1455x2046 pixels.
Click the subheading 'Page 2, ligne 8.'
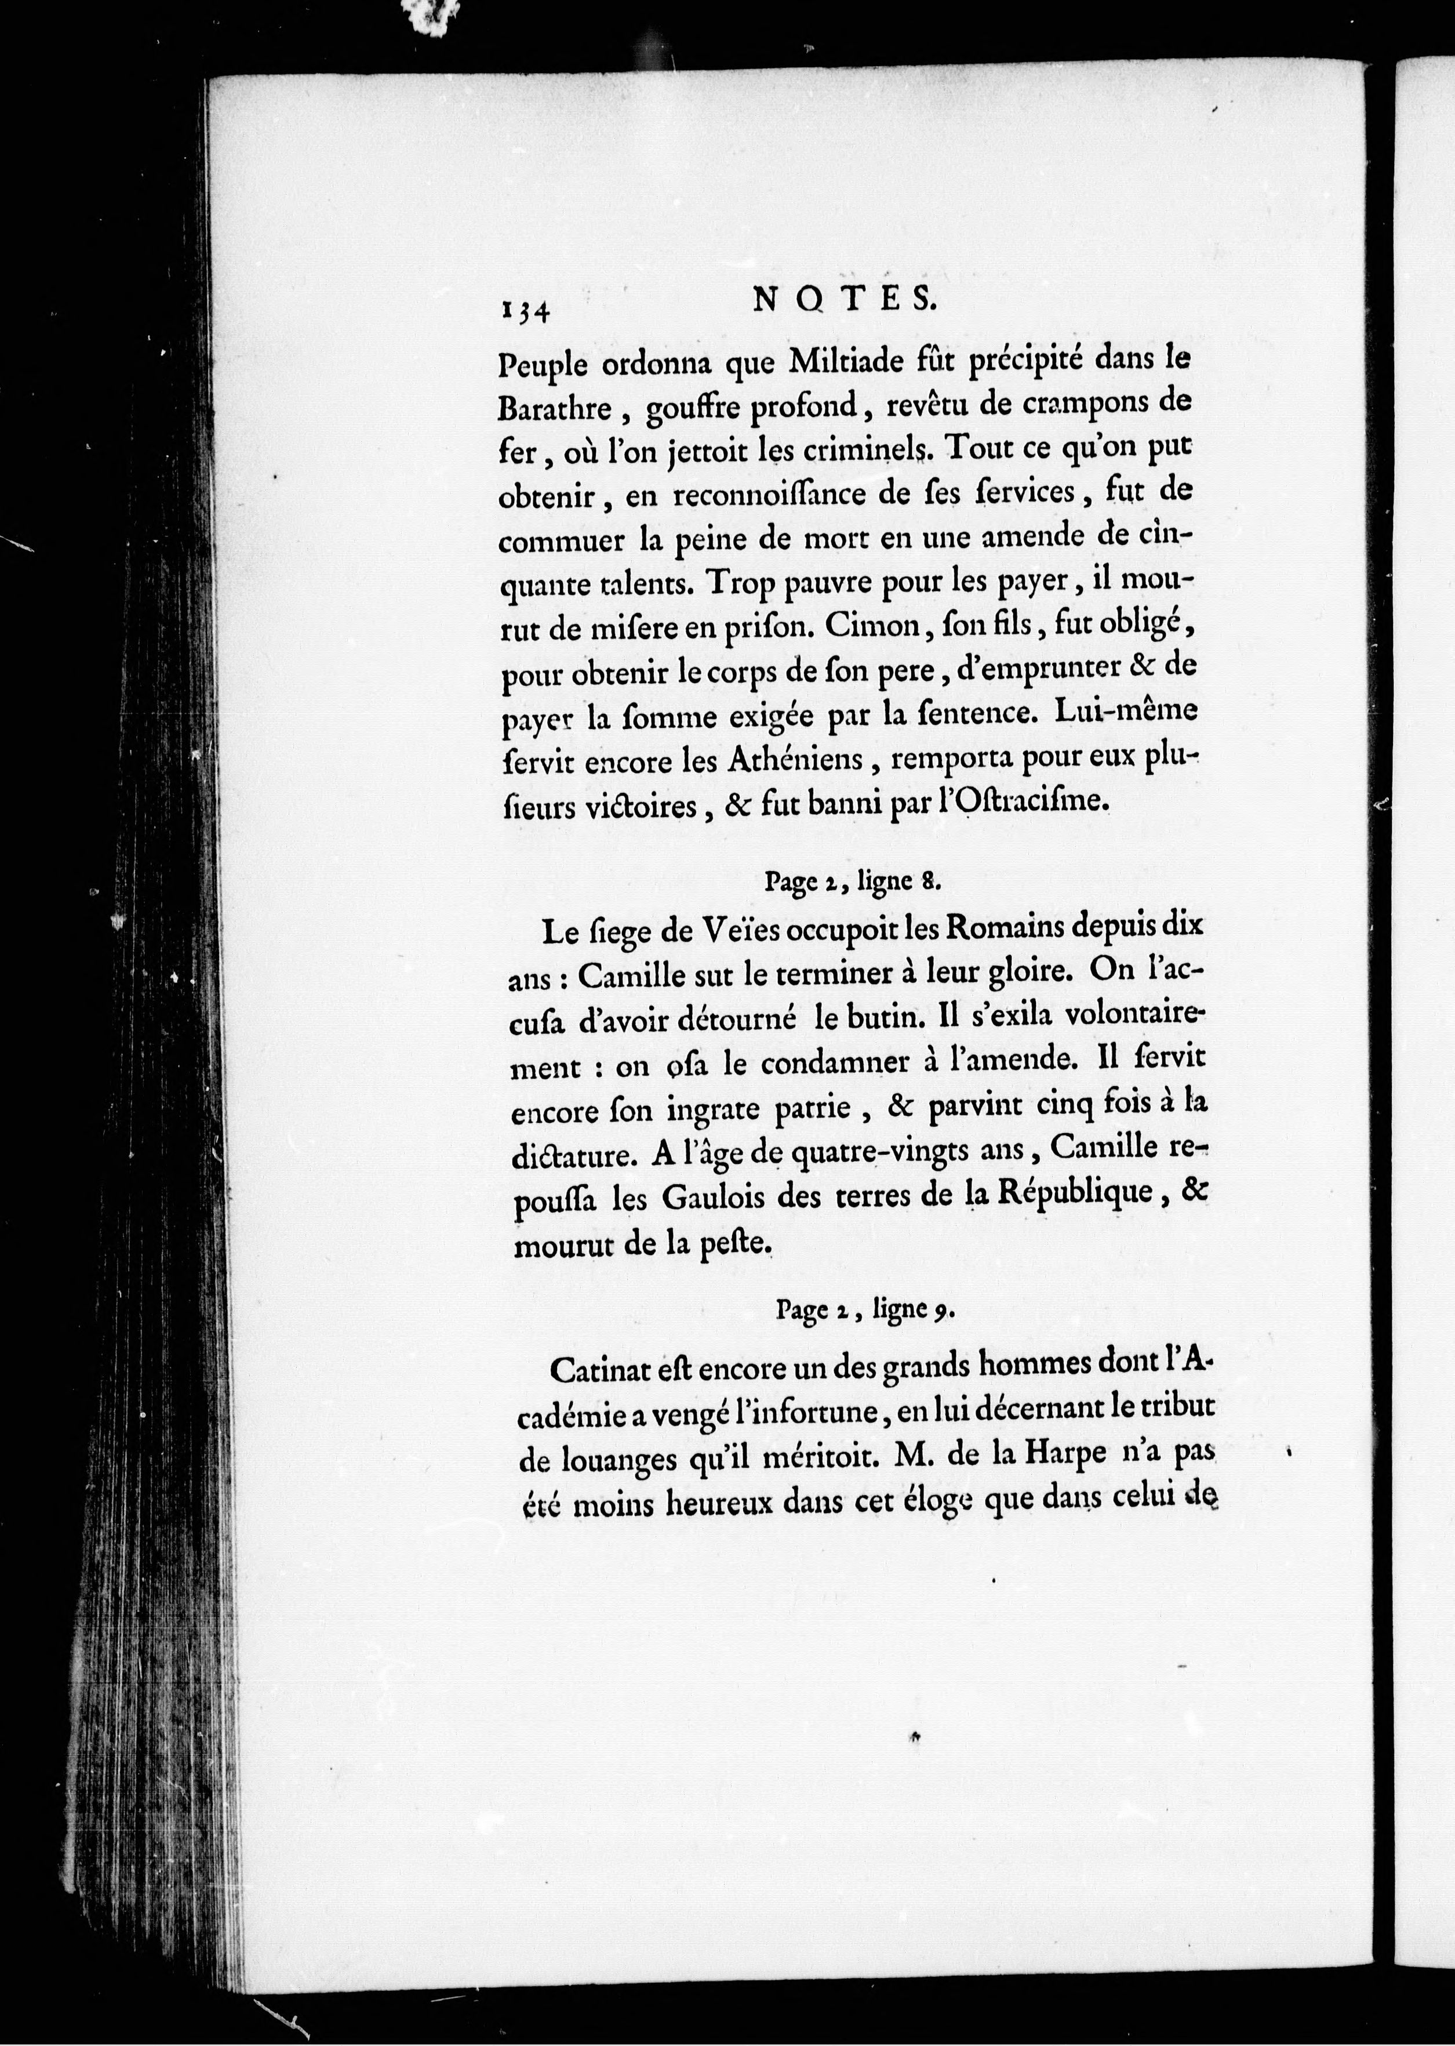coord(851,883)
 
